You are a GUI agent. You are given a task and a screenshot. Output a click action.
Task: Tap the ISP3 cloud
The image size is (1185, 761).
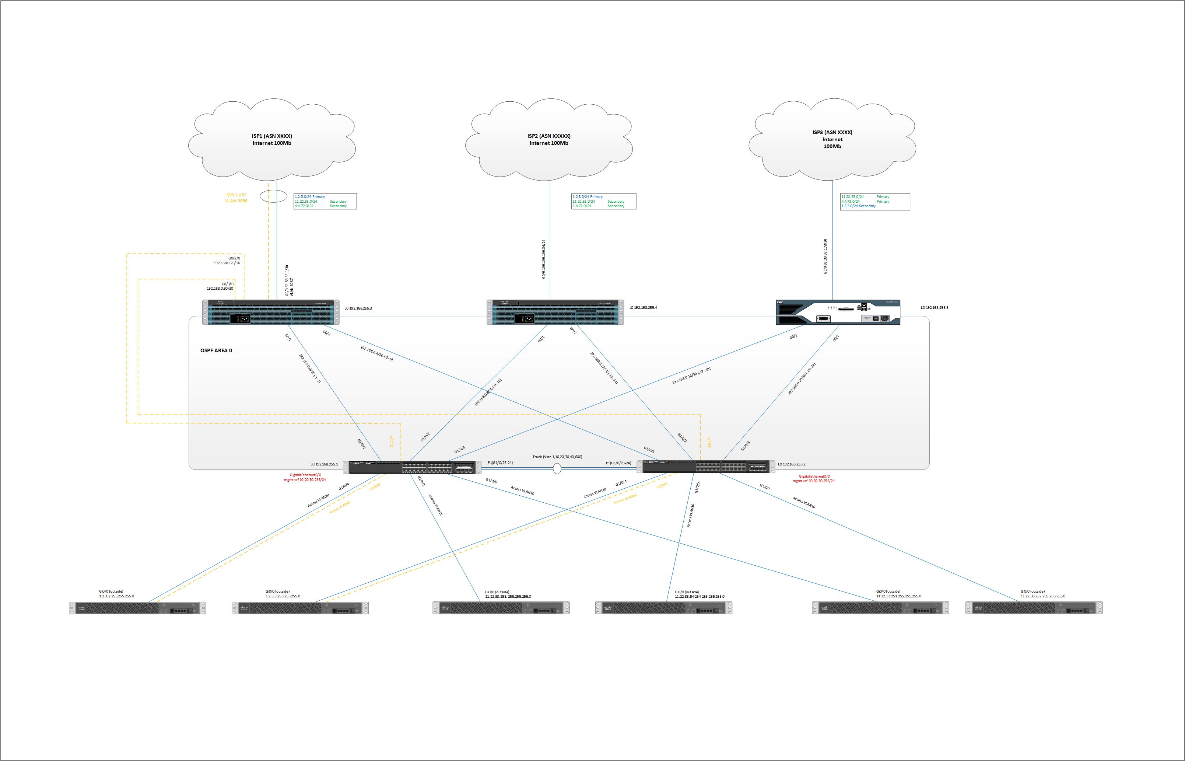point(832,139)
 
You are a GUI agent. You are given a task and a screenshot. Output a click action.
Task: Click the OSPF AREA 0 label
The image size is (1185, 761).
point(216,351)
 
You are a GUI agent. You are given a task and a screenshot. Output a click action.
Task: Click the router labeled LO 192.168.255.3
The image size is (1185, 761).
point(271,312)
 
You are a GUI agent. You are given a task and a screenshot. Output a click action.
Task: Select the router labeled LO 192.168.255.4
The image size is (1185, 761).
point(555,312)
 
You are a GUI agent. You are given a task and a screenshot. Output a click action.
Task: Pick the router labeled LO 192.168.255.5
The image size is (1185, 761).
point(838,312)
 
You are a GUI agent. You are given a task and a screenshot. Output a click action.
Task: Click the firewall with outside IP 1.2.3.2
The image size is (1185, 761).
point(137,608)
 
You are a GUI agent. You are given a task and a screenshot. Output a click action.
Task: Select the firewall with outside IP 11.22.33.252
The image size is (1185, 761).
point(1034,608)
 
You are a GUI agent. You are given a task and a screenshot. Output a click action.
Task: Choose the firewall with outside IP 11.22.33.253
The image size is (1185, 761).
point(501,608)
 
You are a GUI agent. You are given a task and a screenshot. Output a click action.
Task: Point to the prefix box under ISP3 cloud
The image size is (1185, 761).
point(874,202)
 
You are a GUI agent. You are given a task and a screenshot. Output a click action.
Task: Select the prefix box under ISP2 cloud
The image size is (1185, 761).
point(604,201)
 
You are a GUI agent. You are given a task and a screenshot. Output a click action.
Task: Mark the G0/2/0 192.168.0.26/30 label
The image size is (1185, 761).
point(227,261)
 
